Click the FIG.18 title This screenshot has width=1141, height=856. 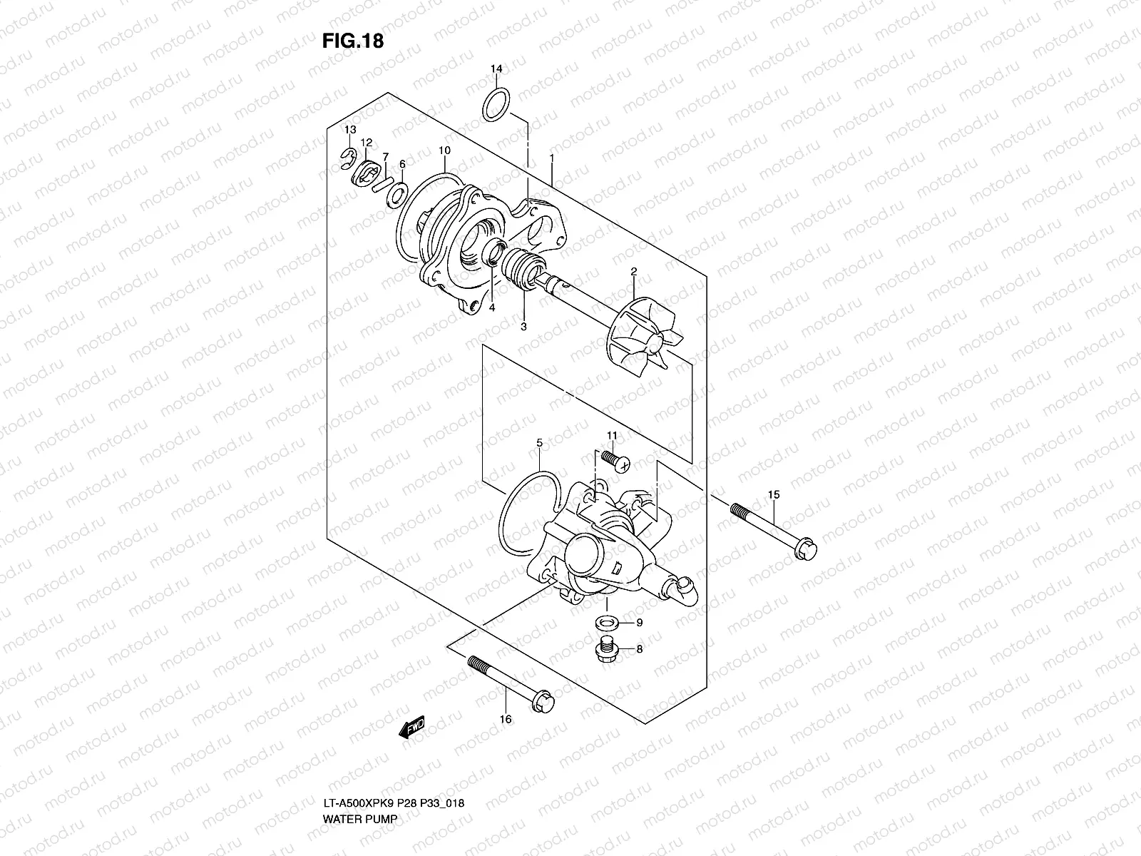(352, 41)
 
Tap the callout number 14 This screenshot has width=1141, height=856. (496, 68)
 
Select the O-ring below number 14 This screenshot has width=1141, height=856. (497, 104)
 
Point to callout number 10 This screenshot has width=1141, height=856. (444, 151)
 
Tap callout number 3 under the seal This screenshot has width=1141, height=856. (523, 327)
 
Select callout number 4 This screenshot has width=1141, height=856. (491, 308)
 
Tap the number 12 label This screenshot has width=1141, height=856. (366, 143)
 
